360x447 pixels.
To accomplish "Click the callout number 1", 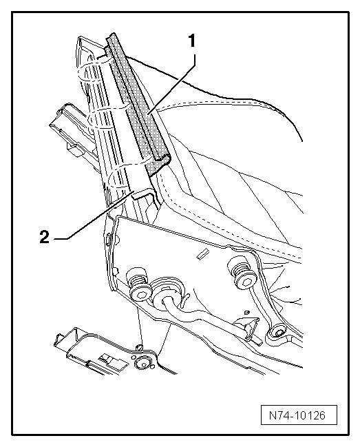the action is (193, 41).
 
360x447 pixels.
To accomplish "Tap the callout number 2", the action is (45, 237).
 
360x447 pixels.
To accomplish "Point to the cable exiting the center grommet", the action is (205, 315).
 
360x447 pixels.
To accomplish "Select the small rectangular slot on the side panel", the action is (202, 254).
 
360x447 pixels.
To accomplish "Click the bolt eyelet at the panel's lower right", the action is (277, 333).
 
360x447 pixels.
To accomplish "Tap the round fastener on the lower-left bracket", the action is (144, 363).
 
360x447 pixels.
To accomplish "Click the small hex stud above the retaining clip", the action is (246, 312).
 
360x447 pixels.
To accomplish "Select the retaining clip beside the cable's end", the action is (247, 329).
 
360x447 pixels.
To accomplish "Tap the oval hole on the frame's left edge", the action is (109, 239).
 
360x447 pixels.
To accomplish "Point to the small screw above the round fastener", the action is (139, 346).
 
